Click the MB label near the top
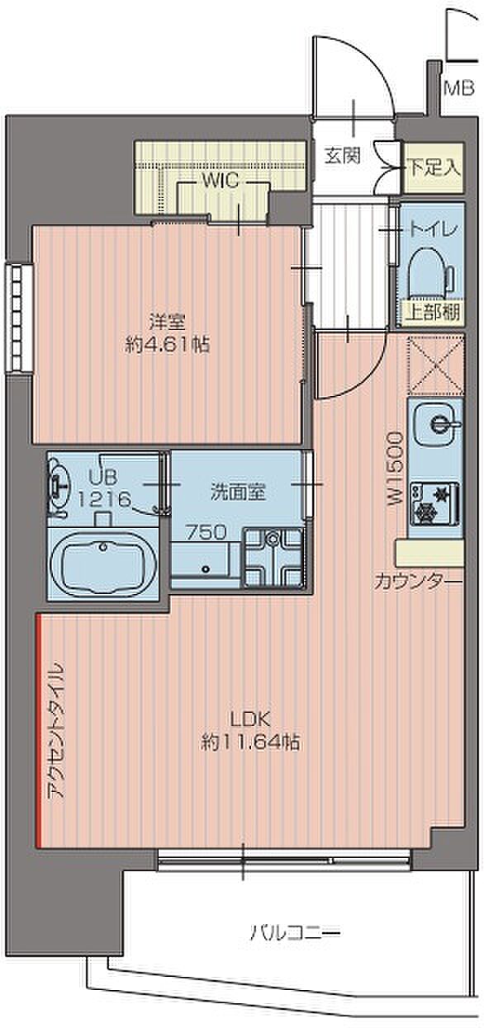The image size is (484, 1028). point(460,87)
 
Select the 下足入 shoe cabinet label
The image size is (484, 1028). point(434,167)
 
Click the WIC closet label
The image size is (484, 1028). point(221,181)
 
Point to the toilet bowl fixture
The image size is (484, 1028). point(430,274)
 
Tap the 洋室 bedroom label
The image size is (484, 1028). point(167,322)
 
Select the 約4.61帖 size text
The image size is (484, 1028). point(168,344)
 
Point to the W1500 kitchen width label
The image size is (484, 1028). point(395,469)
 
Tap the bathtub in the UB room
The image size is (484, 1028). point(102,564)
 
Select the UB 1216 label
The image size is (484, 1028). point(104,488)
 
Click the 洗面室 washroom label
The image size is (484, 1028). point(238,493)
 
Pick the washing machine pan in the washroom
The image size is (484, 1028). point(274,558)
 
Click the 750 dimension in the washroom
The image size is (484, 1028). point(206,532)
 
